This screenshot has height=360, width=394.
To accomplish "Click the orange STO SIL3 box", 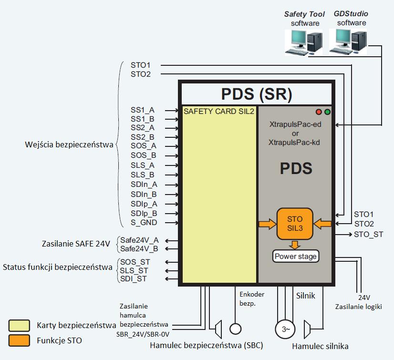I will [x=295, y=224].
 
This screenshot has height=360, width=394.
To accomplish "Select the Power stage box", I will [x=295, y=257].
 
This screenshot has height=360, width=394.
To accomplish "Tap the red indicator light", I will [x=319, y=112].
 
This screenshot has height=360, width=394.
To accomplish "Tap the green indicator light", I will [x=327, y=112].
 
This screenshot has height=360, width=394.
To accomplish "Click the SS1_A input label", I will [x=142, y=110].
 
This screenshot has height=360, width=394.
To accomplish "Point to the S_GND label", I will [x=144, y=223].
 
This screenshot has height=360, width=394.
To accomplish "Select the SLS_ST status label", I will [x=135, y=270].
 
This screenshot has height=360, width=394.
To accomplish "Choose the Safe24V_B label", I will [x=139, y=248].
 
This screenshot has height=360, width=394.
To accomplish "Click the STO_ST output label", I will [x=368, y=234].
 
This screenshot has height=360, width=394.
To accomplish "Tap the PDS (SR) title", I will [x=257, y=94].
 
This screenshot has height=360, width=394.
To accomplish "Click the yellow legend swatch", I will [x=19, y=326].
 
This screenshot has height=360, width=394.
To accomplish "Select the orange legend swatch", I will [x=19, y=340].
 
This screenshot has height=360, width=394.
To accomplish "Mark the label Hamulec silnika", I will [x=320, y=347].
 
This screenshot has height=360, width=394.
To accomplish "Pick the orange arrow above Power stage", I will [x=295, y=245].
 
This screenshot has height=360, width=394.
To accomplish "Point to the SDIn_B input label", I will [x=144, y=194].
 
